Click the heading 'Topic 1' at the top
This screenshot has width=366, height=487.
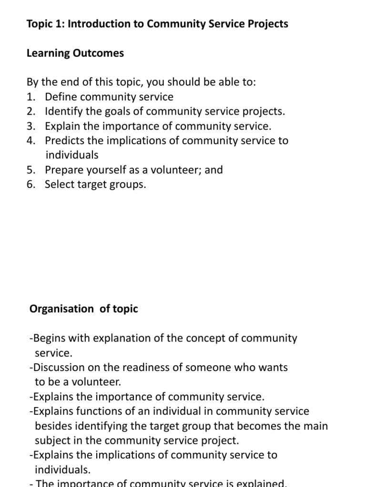[x=46, y=24]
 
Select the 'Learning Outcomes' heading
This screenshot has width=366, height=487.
[x=75, y=53]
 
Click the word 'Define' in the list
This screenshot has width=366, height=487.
[x=61, y=97]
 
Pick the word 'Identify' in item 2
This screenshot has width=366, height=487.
[x=63, y=112]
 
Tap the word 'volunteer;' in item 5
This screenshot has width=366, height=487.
[x=177, y=170]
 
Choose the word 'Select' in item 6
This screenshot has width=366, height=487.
[x=60, y=185]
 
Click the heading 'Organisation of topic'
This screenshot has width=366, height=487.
[x=83, y=309]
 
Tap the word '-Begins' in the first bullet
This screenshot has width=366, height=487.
[x=47, y=339]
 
